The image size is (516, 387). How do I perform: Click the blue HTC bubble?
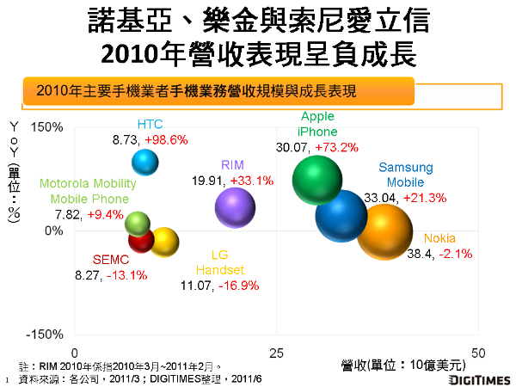tap(145, 161)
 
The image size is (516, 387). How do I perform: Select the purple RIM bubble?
tap(235, 207)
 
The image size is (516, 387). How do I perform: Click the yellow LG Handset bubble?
tap(164, 243)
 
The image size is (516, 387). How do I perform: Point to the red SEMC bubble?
tap(140, 240)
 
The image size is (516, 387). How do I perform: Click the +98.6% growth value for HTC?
tap(166, 139)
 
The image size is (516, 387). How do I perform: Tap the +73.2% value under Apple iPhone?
tap(336, 147)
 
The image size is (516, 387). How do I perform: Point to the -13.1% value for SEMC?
tap(126, 275)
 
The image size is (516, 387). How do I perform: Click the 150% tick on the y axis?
tap(48, 127)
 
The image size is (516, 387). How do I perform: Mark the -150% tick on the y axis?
tap(46, 334)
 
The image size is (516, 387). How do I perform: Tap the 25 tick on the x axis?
tap(277, 353)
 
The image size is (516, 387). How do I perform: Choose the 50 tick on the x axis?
tap(479, 353)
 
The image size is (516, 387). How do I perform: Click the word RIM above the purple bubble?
tap(232, 164)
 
